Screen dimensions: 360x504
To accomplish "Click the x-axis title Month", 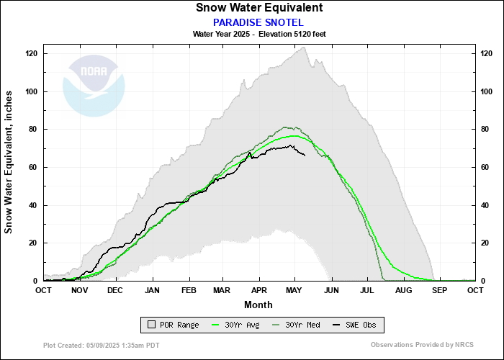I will (x=258, y=305).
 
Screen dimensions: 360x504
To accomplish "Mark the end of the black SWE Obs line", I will (x=305, y=156).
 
